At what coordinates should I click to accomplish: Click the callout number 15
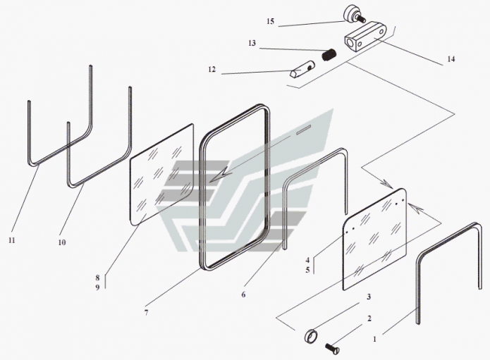click(270, 22)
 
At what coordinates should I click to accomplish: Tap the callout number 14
click(451, 59)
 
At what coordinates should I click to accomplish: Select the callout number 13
click(252, 43)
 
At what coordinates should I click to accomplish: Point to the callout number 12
click(212, 69)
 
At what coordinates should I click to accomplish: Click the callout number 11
click(11, 240)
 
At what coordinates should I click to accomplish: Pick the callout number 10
click(62, 242)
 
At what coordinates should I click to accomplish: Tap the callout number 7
click(146, 312)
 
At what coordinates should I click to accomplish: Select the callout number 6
click(243, 294)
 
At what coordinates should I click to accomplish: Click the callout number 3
click(369, 297)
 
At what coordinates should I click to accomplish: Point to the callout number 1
click(375, 339)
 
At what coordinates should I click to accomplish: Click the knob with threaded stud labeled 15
click(355, 14)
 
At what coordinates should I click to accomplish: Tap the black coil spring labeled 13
click(329, 55)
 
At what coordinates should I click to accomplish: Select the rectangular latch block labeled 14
click(366, 36)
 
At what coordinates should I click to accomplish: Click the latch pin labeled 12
click(302, 70)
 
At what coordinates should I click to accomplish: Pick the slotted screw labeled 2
click(332, 347)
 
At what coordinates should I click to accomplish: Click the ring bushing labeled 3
click(311, 336)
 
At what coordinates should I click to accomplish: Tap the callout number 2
click(369, 318)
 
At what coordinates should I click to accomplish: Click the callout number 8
click(97, 278)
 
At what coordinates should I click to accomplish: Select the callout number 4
click(307, 260)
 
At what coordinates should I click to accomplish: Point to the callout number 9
click(97, 287)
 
